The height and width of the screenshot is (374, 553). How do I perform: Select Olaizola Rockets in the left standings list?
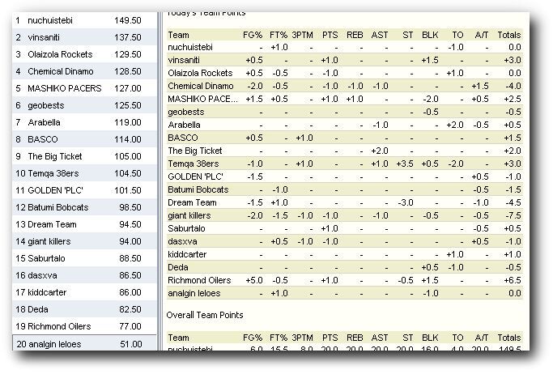[53, 54]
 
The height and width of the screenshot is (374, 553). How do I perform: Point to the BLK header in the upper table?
[430, 35]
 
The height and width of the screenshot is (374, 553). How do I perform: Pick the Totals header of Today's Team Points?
[509, 35]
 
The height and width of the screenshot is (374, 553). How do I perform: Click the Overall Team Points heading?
[205, 314]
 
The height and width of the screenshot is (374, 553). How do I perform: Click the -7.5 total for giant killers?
[511, 215]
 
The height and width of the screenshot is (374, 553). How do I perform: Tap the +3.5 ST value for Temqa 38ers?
[406, 164]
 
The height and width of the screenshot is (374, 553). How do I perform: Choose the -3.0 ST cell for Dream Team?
[406, 202]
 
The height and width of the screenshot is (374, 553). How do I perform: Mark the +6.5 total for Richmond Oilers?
[511, 280]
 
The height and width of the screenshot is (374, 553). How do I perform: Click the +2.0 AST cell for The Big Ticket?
[379, 151]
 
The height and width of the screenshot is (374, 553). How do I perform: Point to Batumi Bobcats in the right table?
[198, 189]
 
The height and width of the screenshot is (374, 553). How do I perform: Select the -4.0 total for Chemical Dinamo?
[511, 86]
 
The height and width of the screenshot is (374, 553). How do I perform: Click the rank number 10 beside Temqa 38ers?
[20, 173]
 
